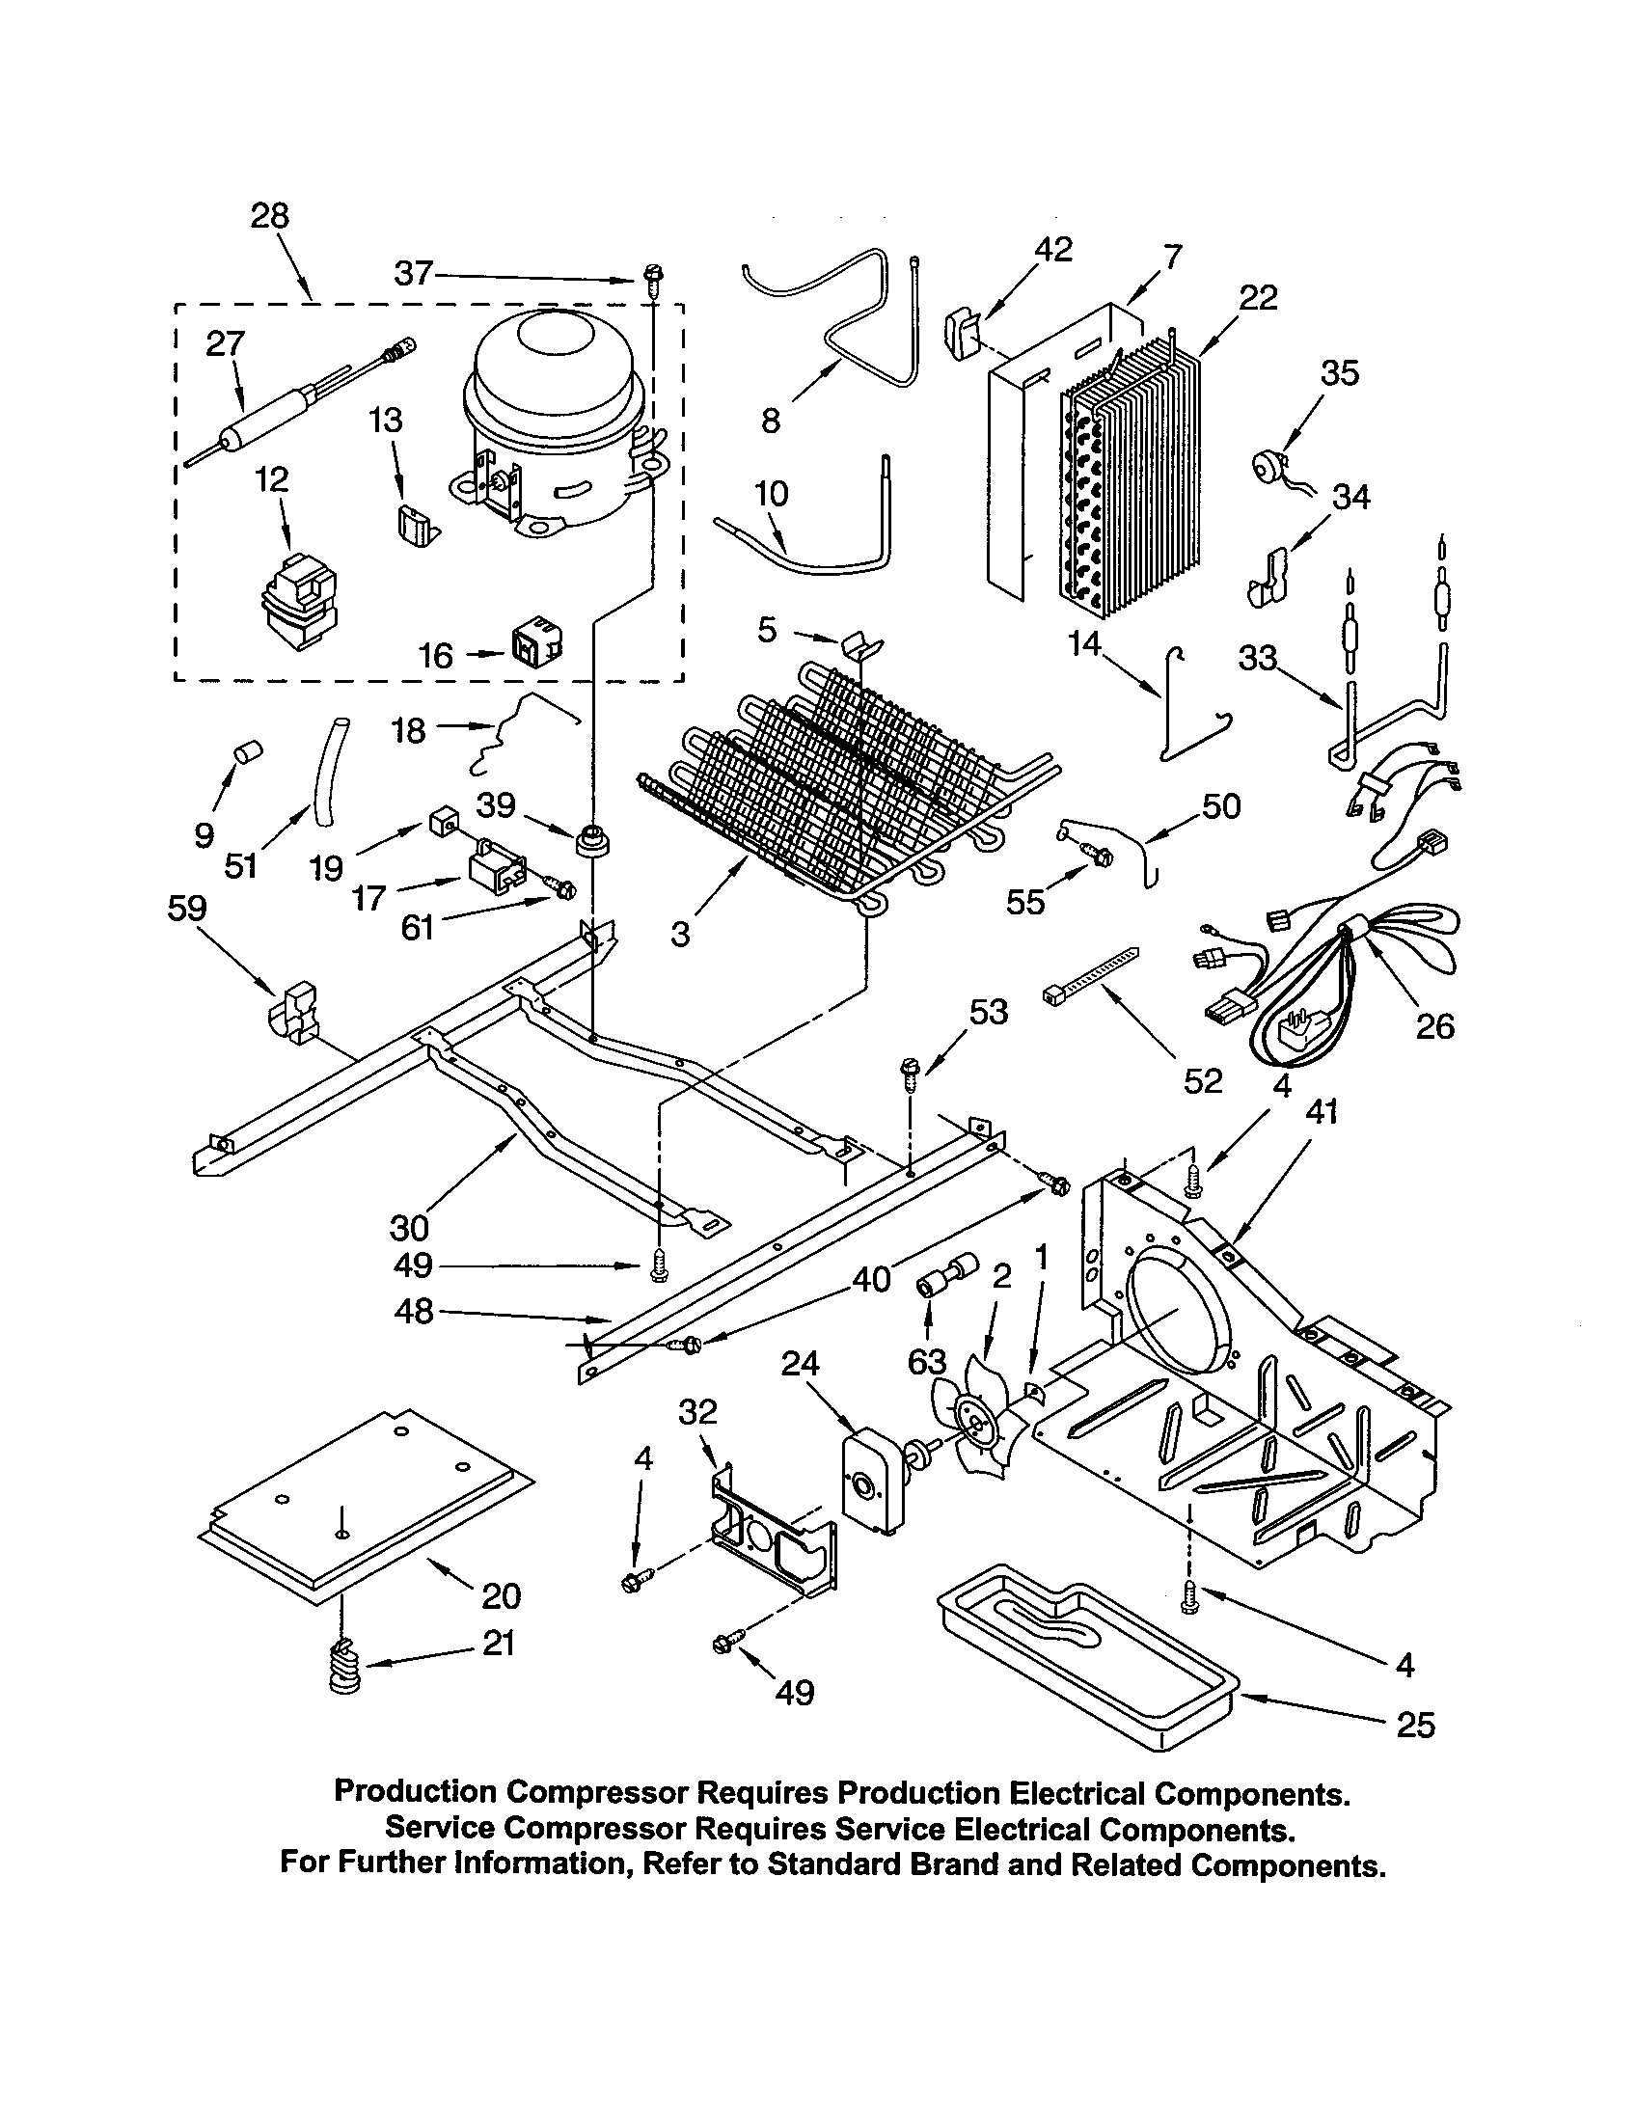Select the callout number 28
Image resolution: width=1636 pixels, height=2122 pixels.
(x=269, y=216)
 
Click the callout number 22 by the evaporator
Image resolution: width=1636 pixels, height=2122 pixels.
(x=1258, y=297)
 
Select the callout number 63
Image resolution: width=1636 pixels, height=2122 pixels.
(x=926, y=1362)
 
